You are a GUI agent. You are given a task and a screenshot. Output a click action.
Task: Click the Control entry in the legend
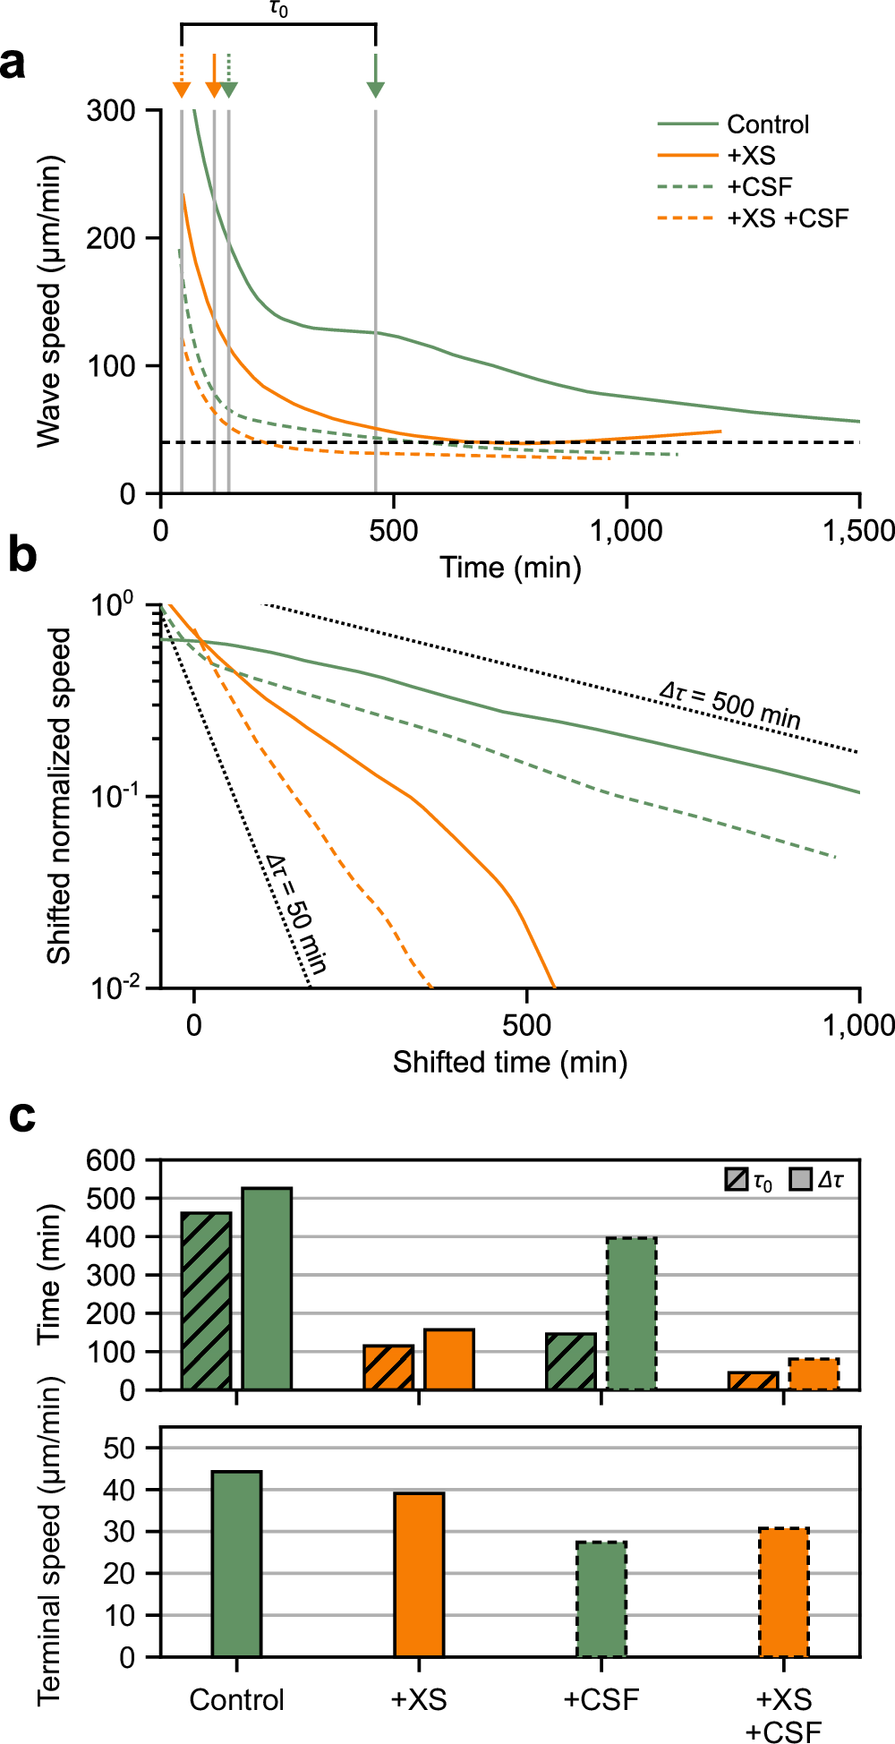click(767, 124)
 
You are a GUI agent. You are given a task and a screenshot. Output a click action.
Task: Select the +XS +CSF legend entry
click(787, 218)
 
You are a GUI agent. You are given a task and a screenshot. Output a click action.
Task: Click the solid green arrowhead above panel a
click(376, 89)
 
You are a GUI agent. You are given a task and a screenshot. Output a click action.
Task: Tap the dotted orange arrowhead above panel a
click(182, 89)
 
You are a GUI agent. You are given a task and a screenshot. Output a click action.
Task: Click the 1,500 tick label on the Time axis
click(857, 531)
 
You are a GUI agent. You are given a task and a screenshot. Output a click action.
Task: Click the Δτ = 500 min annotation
click(729, 705)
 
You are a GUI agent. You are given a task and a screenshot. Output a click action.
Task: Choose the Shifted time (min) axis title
click(510, 1063)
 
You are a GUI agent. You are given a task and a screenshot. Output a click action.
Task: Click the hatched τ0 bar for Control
click(207, 1301)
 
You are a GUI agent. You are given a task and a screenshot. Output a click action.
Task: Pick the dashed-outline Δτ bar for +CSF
click(632, 1313)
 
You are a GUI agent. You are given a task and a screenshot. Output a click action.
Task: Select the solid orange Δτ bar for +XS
click(449, 1359)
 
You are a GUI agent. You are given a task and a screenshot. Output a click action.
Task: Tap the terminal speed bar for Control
click(237, 1564)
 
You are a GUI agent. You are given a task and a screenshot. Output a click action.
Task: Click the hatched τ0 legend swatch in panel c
click(737, 1180)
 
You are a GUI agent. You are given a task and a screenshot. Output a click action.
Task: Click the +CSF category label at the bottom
click(601, 1699)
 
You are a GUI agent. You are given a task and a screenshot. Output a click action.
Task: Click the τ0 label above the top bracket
click(278, 11)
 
